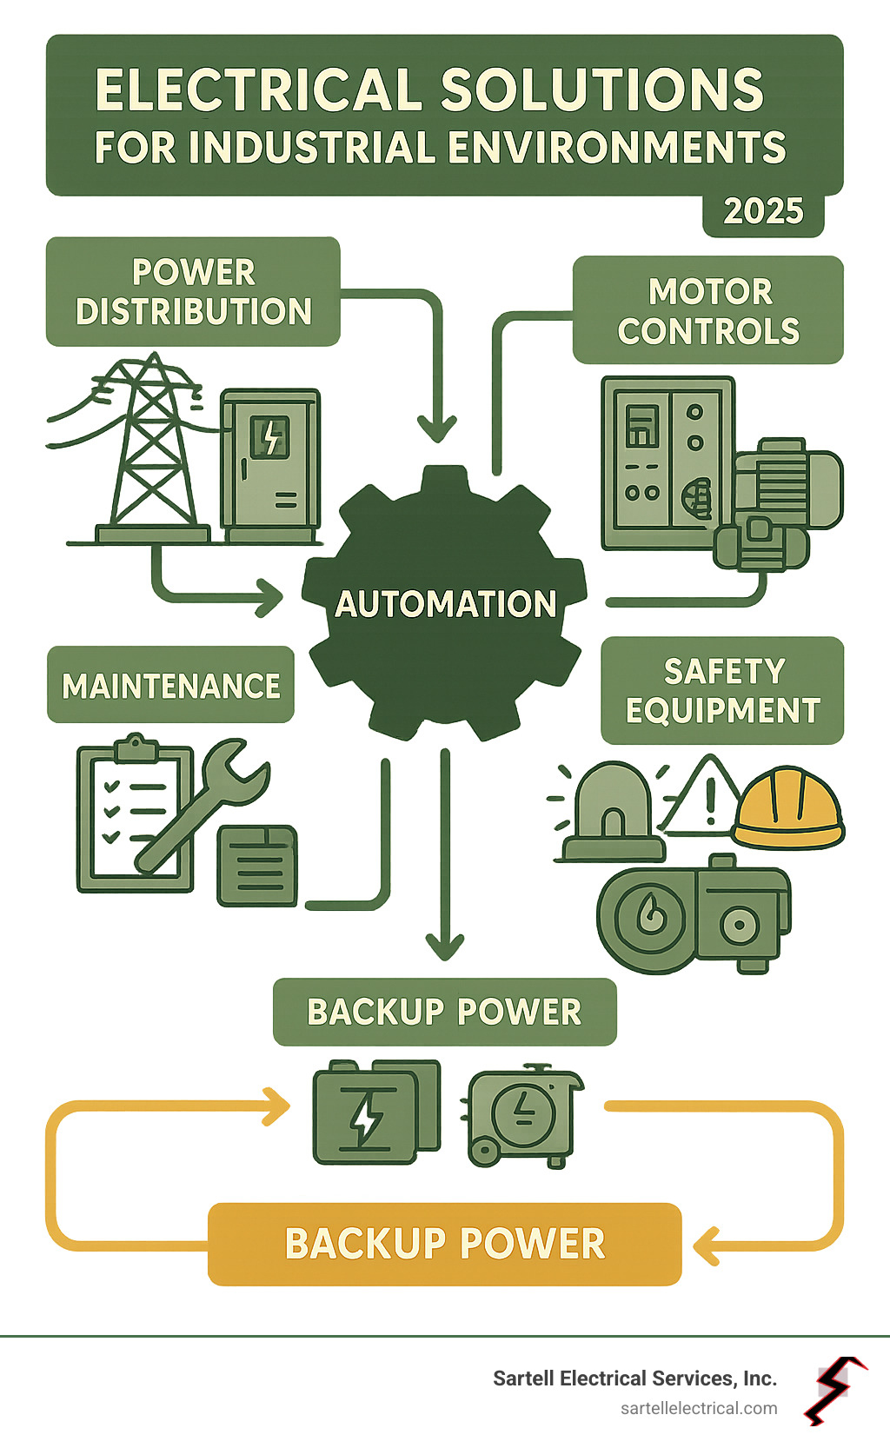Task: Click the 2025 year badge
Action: (x=763, y=212)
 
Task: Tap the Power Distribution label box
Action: (x=193, y=291)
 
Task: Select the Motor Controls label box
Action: (x=708, y=310)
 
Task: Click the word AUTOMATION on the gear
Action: (x=445, y=604)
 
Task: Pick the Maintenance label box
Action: (x=170, y=685)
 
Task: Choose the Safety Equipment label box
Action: (x=722, y=690)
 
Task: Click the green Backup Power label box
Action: (x=445, y=1012)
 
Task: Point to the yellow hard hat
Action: (x=788, y=808)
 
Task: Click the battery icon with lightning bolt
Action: (x=376, y=1113)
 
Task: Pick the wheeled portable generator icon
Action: (x=522, y=1115)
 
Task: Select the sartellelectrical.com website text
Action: (x=699, y=1409)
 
